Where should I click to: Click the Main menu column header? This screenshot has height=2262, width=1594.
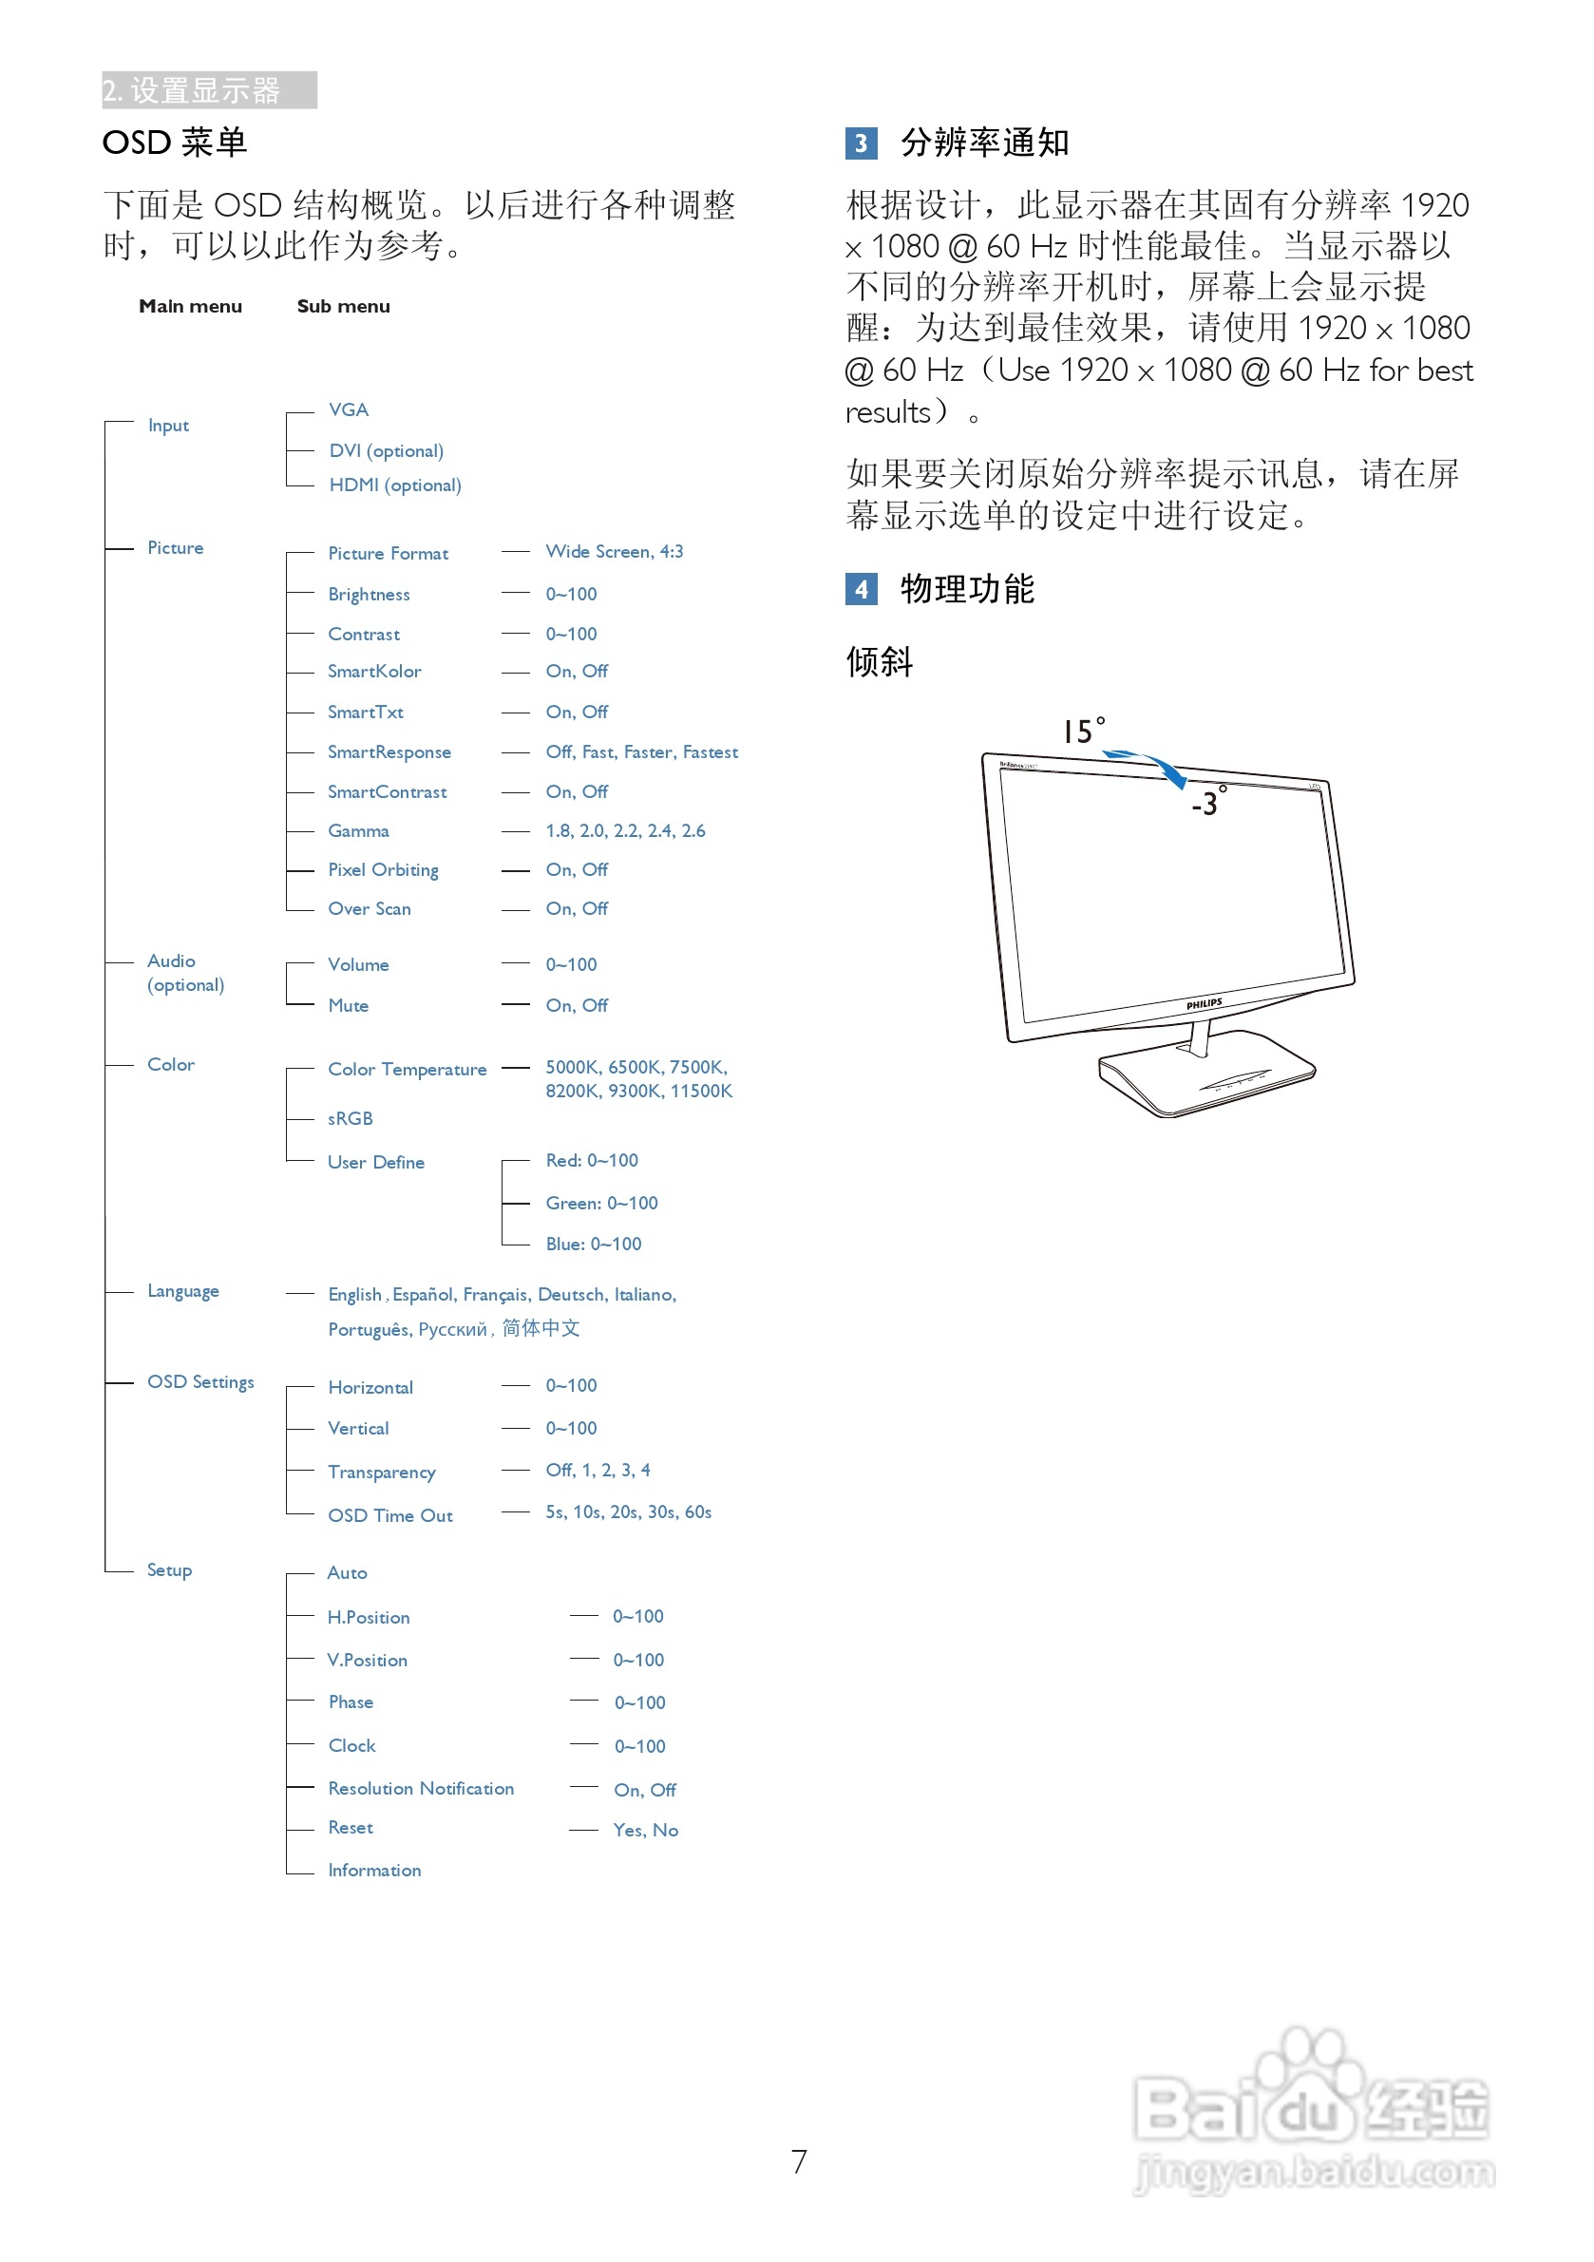tap(190, 307)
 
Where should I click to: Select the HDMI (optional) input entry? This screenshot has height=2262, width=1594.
tap(394, 485)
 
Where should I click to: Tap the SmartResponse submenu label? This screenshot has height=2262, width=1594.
tap(389, 751)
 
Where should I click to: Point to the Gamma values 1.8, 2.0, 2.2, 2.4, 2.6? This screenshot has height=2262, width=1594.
tap(625, 830)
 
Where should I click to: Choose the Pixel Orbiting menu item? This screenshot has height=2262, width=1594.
tap(382, 870)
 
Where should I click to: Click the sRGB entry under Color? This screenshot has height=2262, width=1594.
tap(350, 1118)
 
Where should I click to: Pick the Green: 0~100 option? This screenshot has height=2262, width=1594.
tap(601, 1203)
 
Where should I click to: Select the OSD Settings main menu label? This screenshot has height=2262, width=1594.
tap(200, 1381)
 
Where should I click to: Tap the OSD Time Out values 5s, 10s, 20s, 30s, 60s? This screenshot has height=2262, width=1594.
tap(628, 1511)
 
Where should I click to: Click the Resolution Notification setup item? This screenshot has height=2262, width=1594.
tap(421, 1788)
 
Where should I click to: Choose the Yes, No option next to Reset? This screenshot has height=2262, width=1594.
tap(645, 1830)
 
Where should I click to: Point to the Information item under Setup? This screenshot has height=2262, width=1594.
tap(374, 1870)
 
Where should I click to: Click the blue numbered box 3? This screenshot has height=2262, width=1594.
tap(860, 143)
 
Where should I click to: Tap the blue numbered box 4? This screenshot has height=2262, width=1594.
tap(860, 589)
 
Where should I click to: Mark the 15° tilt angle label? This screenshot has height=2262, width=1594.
tap(1083, 730)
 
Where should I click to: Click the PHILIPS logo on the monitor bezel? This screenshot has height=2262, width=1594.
tap(1203, 1004)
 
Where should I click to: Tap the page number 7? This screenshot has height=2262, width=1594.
tap(798, 2160)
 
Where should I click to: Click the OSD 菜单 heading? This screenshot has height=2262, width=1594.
tap(175, 143)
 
